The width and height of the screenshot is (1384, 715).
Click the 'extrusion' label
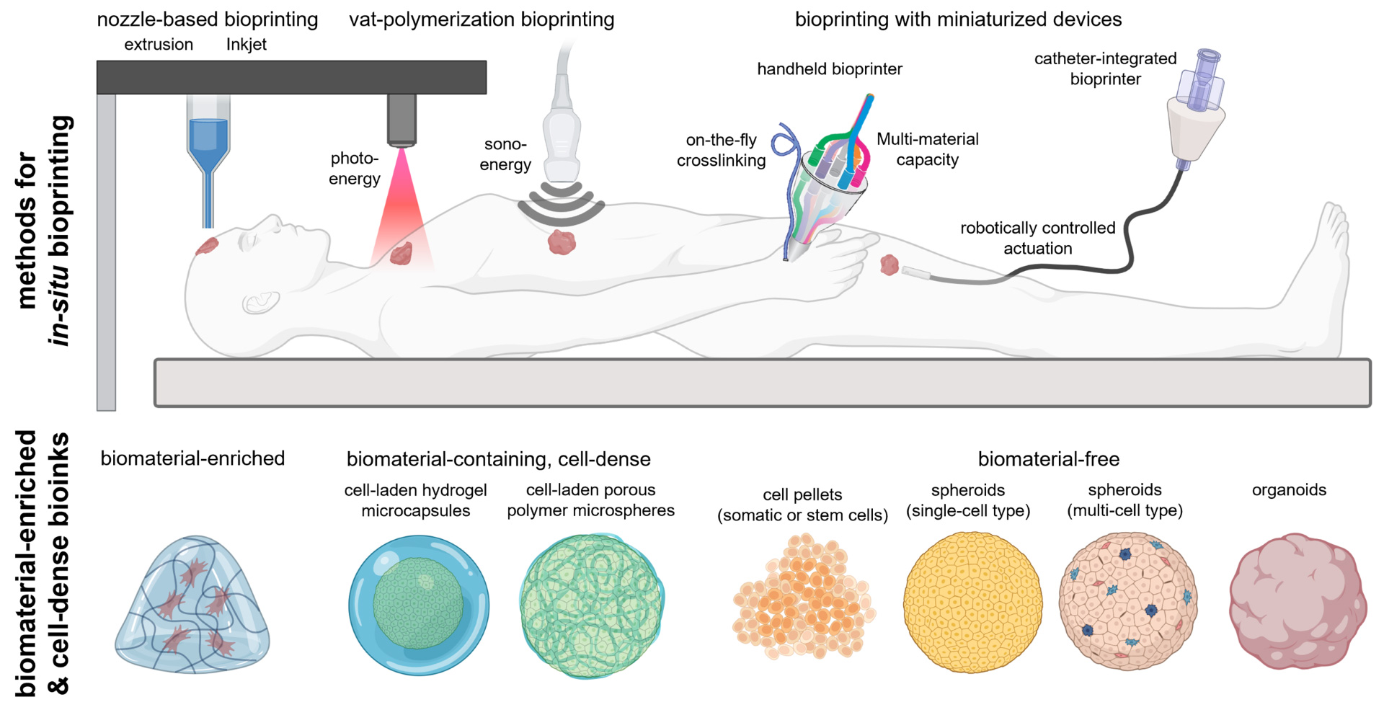click(x=159, y=45)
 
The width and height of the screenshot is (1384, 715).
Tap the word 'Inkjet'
click(x=247, y=45)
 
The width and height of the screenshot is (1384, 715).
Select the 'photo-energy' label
click(x=354, y=169)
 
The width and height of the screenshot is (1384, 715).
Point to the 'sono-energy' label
click(x=505, y=155)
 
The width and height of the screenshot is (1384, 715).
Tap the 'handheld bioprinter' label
click(x=829, y=69)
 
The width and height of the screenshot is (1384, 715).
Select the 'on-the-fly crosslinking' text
click(x=721, y=151)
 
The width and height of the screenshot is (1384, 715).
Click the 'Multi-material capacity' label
click(x=927, y=149)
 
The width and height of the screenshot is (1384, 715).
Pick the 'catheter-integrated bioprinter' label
click(x=1105, y=68)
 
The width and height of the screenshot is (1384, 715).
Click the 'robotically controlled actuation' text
click(x=1037, y=238)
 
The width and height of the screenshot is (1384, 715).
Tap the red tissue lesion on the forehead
click(x=207, y=246)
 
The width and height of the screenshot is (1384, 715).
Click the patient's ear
click(x=261, y=301)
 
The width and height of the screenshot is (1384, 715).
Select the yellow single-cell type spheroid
click(x=972, y=603)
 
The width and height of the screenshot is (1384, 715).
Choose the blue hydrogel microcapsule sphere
click(x=419, y=605)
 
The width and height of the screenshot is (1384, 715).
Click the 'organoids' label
click(x=1289, y=490)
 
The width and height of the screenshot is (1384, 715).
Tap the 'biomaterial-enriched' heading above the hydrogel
click(x=192, y=458)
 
